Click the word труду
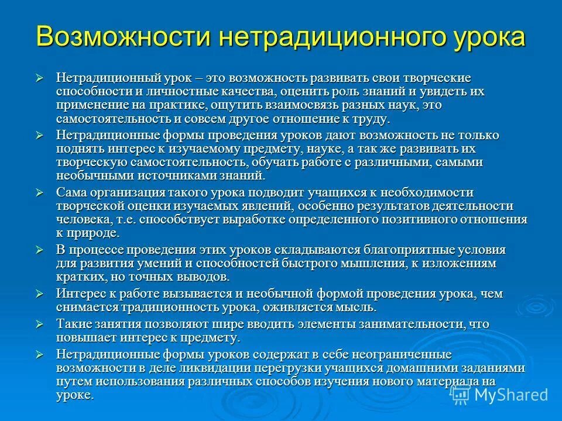(371, 119)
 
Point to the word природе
(95, 233)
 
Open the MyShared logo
(501, 394)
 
